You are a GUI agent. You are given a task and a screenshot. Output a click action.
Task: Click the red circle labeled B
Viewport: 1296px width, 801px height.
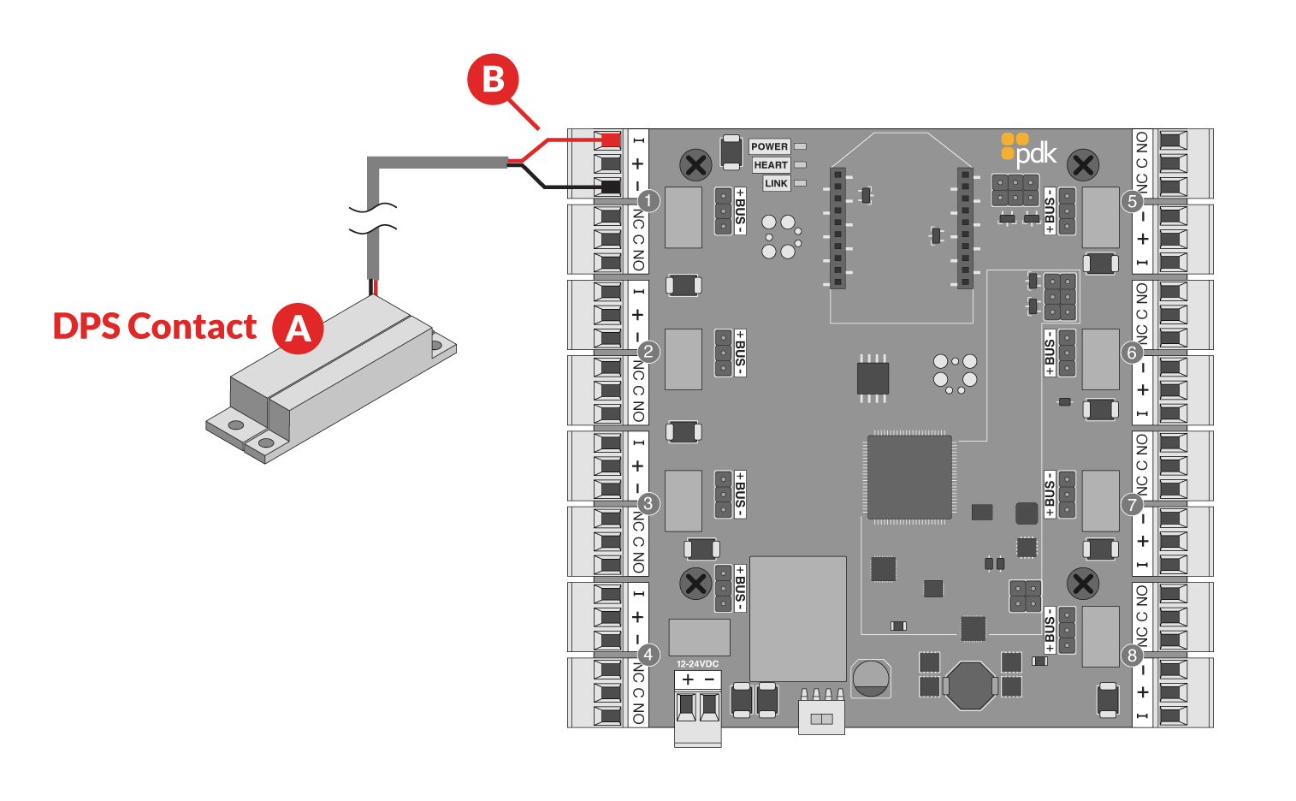[x=493, y=80]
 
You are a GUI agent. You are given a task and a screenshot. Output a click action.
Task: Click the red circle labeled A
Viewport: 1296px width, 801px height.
[x=298, y=328]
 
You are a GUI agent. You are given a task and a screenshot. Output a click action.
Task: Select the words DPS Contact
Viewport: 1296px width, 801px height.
[x=155, y=327]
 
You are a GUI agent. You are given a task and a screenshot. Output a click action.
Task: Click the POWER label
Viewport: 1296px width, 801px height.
[x=769, y=146]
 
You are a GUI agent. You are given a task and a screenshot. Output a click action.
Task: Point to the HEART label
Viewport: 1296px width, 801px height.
[x=770, y=165]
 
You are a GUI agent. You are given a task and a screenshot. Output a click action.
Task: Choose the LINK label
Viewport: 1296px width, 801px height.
[x=776, y=183]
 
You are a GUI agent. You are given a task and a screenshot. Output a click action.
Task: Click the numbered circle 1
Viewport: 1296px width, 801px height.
[x=648, y=201]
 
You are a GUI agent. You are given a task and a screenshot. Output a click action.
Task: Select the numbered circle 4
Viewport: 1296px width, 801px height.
[x=648, y=655]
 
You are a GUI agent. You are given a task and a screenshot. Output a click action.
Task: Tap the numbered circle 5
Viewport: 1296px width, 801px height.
[x=1133, y=201]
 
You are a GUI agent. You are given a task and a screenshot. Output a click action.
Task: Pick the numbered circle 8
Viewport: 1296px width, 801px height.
[x=1133, y=656]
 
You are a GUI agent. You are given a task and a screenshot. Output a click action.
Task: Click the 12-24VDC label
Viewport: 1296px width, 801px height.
[x=697, y=664]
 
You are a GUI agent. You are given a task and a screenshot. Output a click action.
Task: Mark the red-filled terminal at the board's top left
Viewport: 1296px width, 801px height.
[x=610, y=139]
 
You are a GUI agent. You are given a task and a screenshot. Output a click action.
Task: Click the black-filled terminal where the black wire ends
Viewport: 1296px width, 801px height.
[x=610, y=187]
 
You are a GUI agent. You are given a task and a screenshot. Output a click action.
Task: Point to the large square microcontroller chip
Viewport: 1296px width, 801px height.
[x=909, y=478]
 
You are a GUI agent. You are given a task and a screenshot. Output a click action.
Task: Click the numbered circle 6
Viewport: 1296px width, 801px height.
[x=1133, y=353]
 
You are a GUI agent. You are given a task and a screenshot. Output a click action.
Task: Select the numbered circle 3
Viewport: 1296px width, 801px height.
[x=648, y=503]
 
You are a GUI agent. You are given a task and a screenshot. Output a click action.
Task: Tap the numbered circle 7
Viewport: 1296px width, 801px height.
[x=1133, y=504]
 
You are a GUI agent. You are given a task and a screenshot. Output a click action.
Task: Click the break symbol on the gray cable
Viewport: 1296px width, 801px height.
[x=373, y=217]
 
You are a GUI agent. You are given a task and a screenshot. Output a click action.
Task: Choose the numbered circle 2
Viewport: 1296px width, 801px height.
[x=648, y=352]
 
